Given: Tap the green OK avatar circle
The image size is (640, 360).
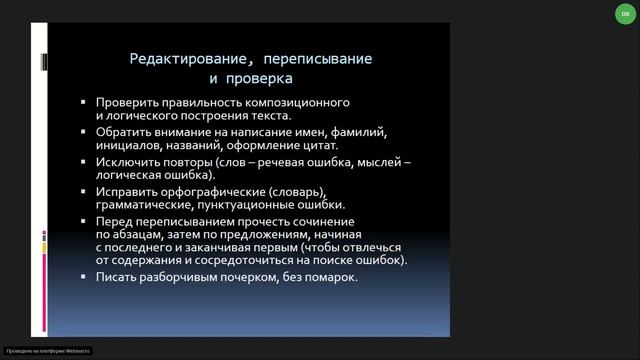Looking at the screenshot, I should click(625, 15).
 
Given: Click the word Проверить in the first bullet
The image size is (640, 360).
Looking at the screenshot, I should click(127, 103).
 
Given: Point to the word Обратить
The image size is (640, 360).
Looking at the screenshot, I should click(124, 132).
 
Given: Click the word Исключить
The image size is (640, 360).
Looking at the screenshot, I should click(129, 161).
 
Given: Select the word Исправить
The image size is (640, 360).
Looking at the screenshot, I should click(127, 190).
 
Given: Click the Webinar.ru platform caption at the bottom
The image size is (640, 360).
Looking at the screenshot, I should click(48, 352).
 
